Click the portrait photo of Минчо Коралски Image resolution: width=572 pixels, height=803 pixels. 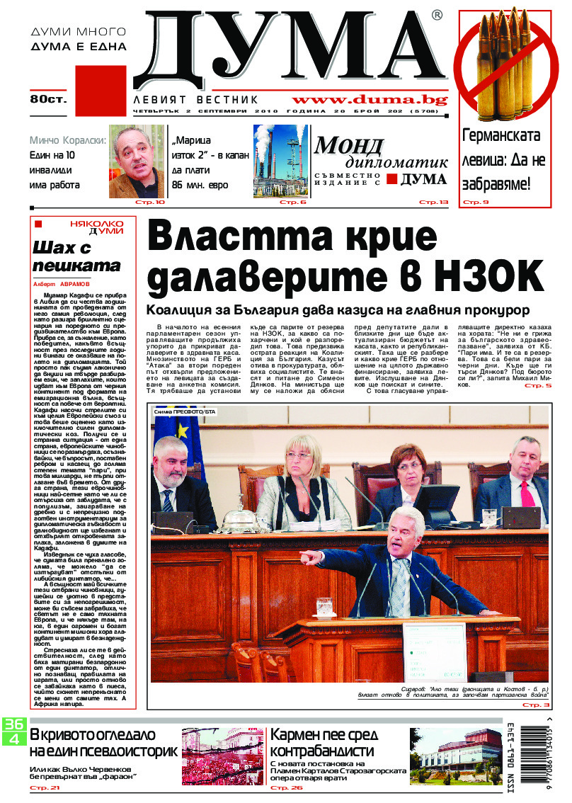(137, 161)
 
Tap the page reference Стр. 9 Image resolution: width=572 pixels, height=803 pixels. (476, 203)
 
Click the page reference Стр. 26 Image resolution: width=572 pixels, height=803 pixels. (287, 787)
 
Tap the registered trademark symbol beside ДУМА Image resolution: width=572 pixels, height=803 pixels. (437, 15)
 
